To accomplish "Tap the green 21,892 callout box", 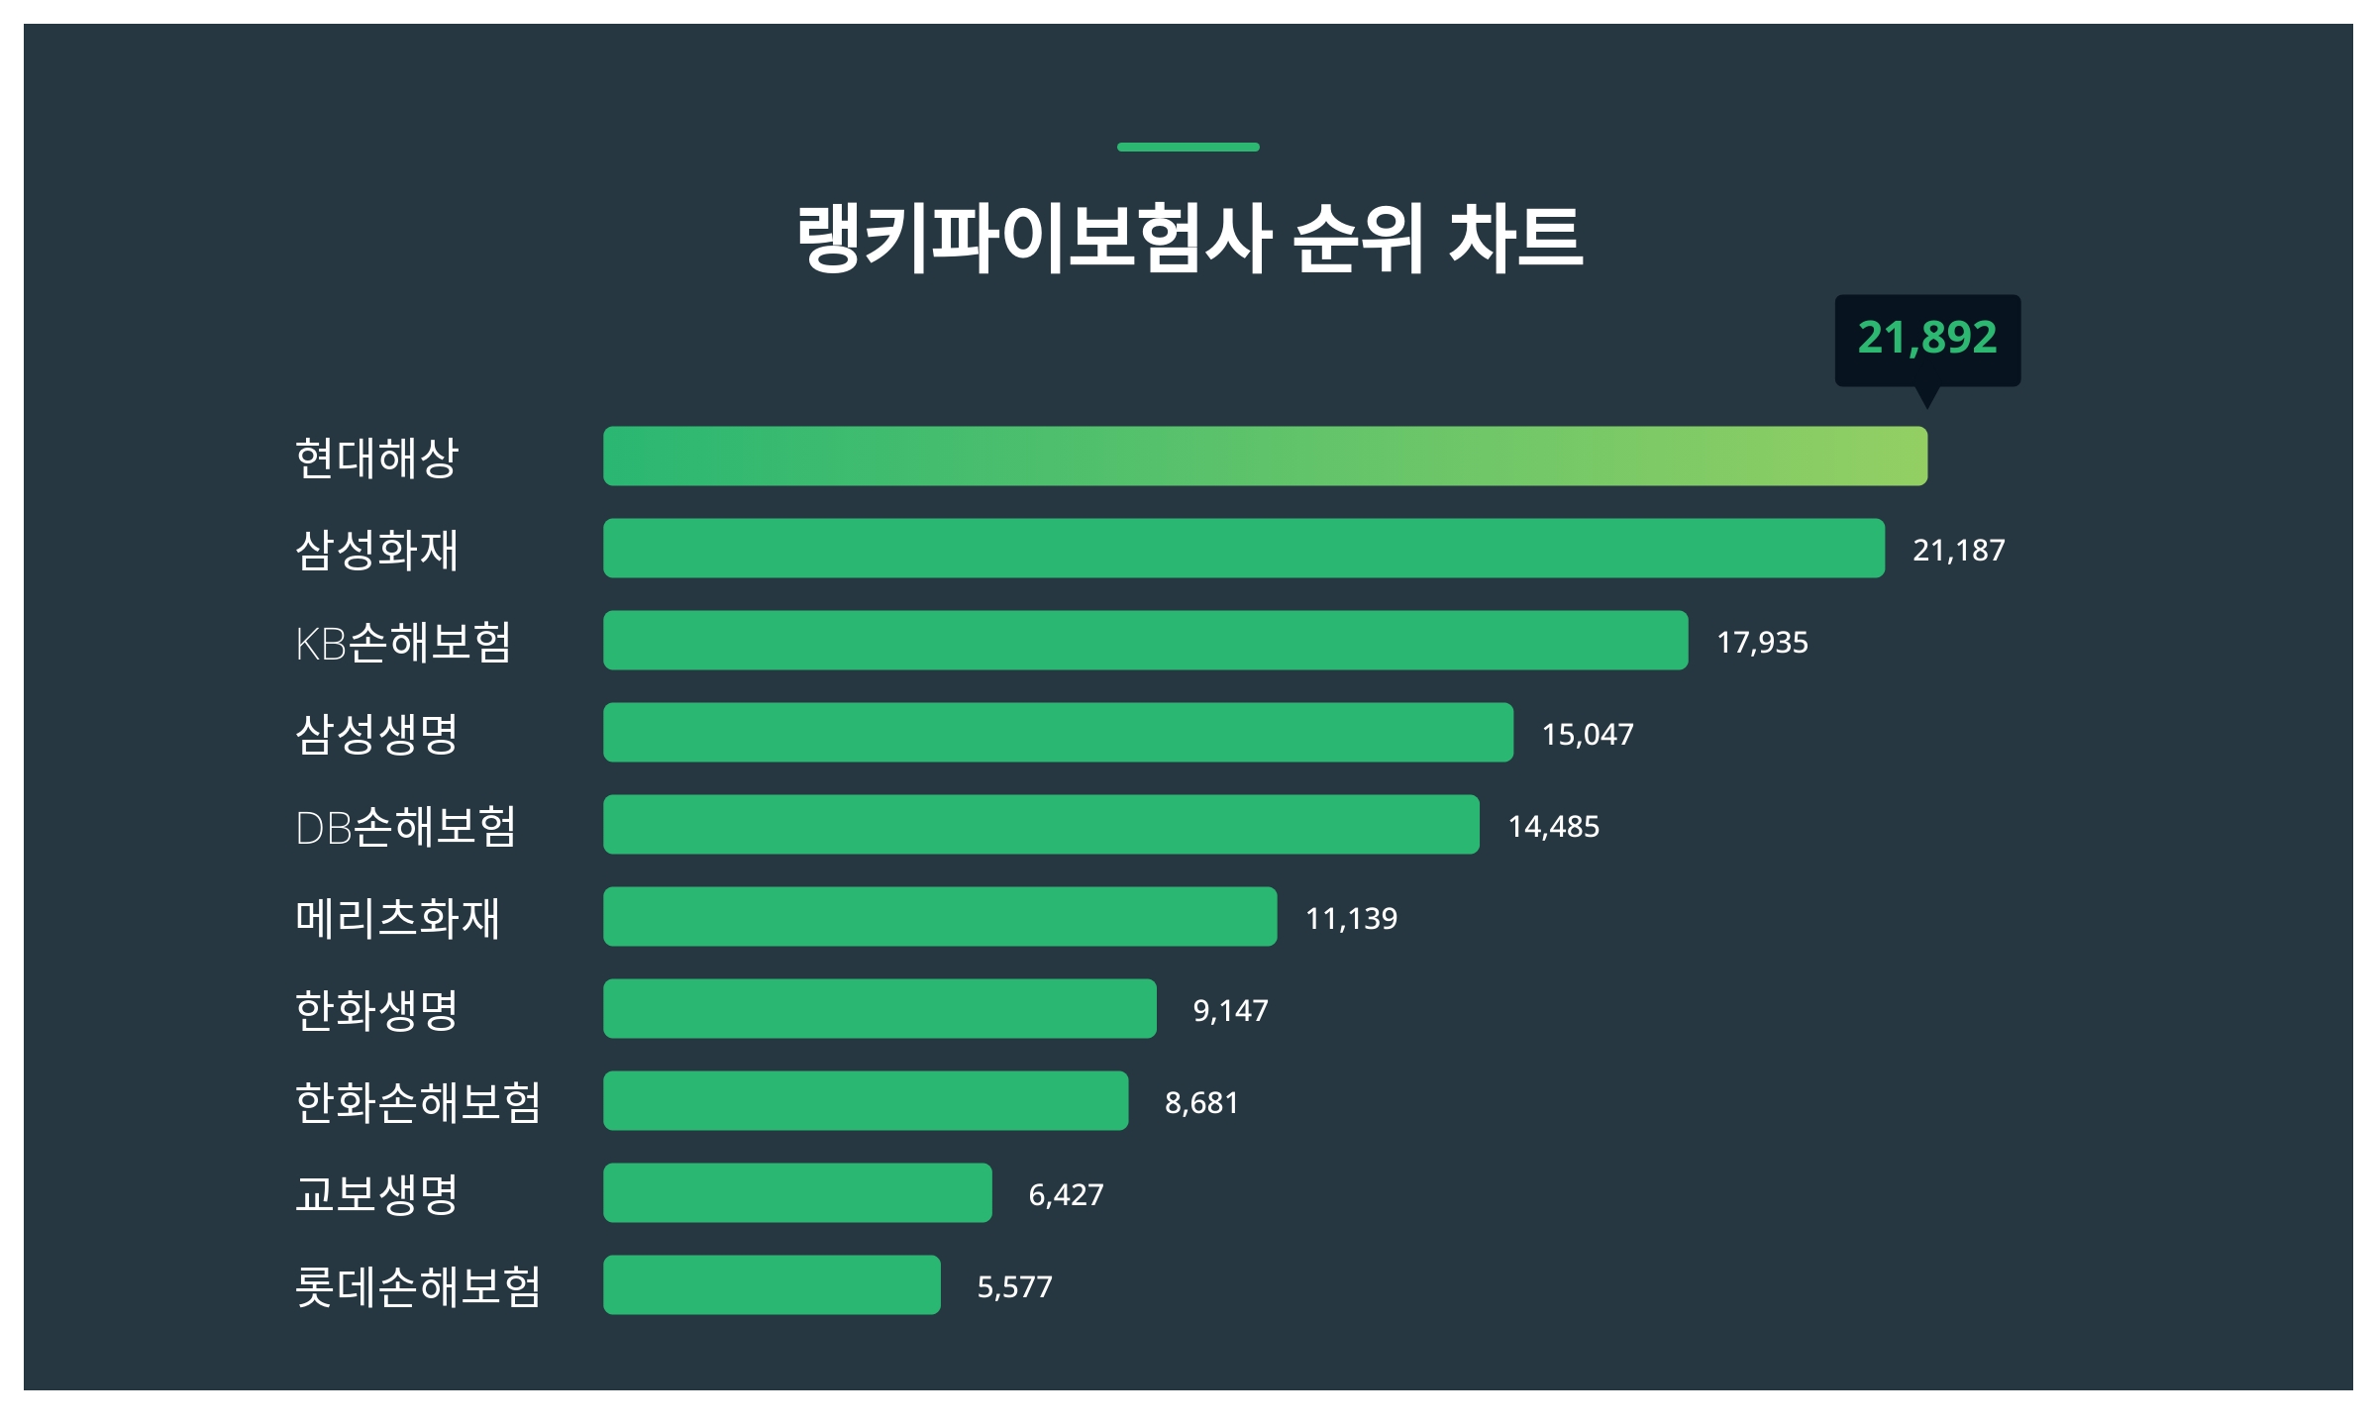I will point(1927,339).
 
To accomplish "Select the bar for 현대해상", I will point(1265,457).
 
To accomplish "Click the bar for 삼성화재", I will point(1243,549).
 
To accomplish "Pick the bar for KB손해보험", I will point(1145,641).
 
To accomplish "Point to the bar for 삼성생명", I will point(1058,733).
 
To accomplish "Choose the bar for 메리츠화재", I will point(940,917).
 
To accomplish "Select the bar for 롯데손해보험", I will point(772,1285).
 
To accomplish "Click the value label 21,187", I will point(1958,550).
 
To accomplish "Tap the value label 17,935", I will point(1762,642).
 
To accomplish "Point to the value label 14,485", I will point(1553,826).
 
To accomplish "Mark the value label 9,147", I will point(1230,1010).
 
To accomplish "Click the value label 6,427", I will point(1066,1194).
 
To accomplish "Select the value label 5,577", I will point(1014,1286).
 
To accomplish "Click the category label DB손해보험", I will point(405,826).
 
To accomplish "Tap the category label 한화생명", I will point(376,1010).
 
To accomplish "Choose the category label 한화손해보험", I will point(418,1102).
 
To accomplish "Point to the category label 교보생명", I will point(376,1194).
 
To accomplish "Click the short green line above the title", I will point(1188,147).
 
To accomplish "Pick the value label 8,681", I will point(1201,1102).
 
